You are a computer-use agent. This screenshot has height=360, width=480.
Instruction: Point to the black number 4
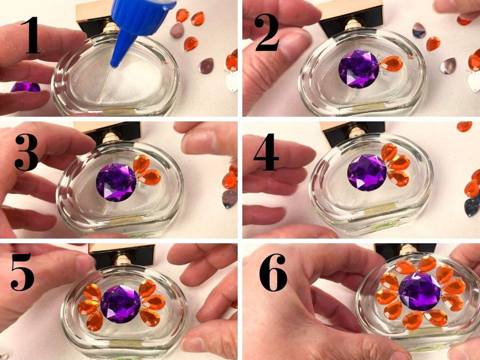tap(266, 152)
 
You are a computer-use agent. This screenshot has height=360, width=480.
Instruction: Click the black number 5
tap(22, 271)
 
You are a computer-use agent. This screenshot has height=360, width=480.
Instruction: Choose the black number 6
tap(274, 272)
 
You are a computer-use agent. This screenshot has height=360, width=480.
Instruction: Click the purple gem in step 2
tap(359, 69)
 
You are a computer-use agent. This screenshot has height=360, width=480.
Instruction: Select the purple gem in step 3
tap(116, 182)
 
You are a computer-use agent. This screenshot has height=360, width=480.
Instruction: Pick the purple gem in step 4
tap(367, 173)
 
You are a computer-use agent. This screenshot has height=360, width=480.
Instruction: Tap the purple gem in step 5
tap(121, 304)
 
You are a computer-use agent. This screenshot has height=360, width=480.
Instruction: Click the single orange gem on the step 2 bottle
tap(391, 63)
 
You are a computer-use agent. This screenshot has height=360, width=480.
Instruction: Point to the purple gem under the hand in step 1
tap(25, 87)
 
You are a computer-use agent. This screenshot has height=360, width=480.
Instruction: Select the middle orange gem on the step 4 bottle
tap(399, 163)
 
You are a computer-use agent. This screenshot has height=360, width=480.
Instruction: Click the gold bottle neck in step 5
tap(123, 260)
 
